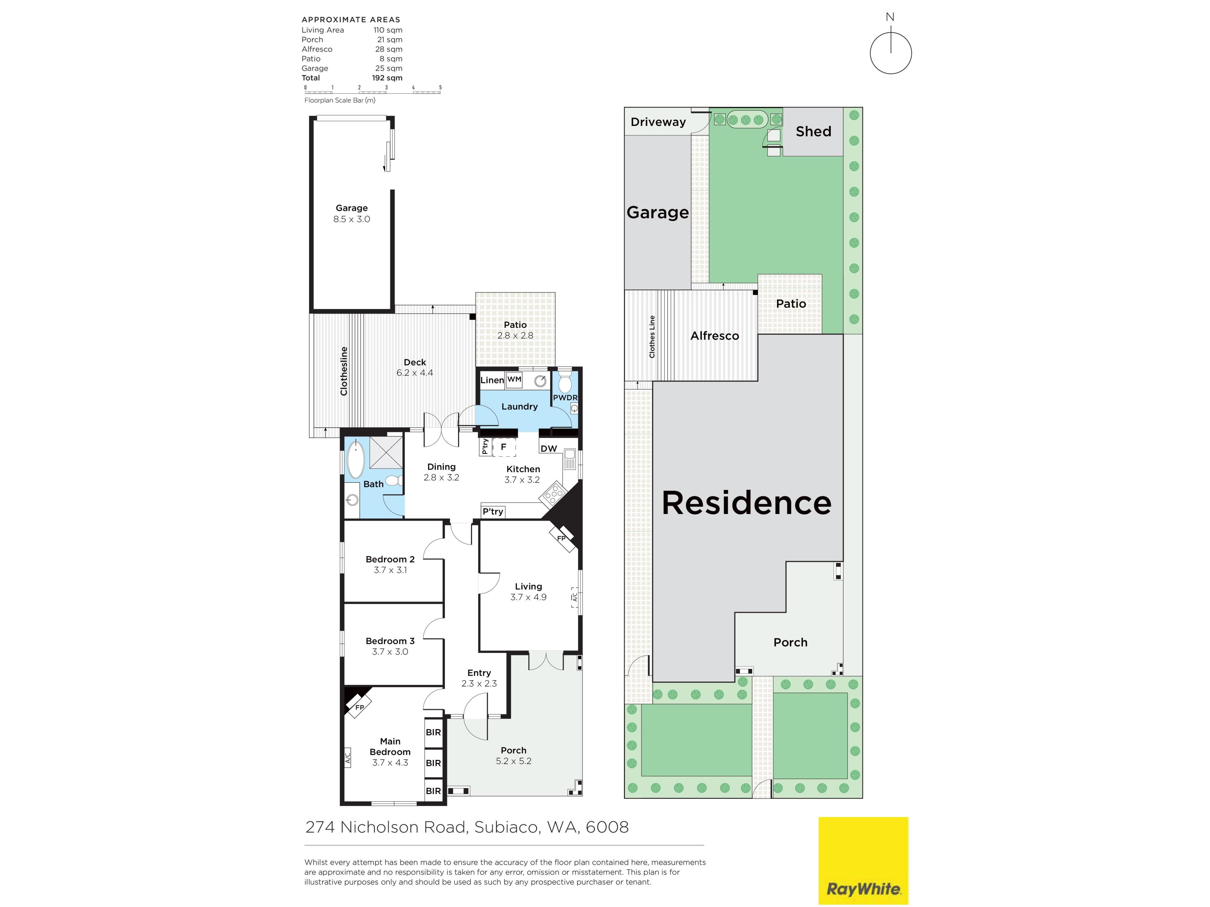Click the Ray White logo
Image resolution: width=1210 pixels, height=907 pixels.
click(863, 860)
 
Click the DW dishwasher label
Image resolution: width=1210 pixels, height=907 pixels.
click(549, 449)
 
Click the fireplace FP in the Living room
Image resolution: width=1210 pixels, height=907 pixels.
click(562, 538)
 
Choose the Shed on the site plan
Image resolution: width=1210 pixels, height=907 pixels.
click(813, 132)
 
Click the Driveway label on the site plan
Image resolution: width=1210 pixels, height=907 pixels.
click(658, 122)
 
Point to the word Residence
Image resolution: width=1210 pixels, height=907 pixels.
click(747, 503)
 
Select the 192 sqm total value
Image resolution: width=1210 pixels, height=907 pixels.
click(387, 78)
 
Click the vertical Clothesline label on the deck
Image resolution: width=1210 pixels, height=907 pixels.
click(343, 371)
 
